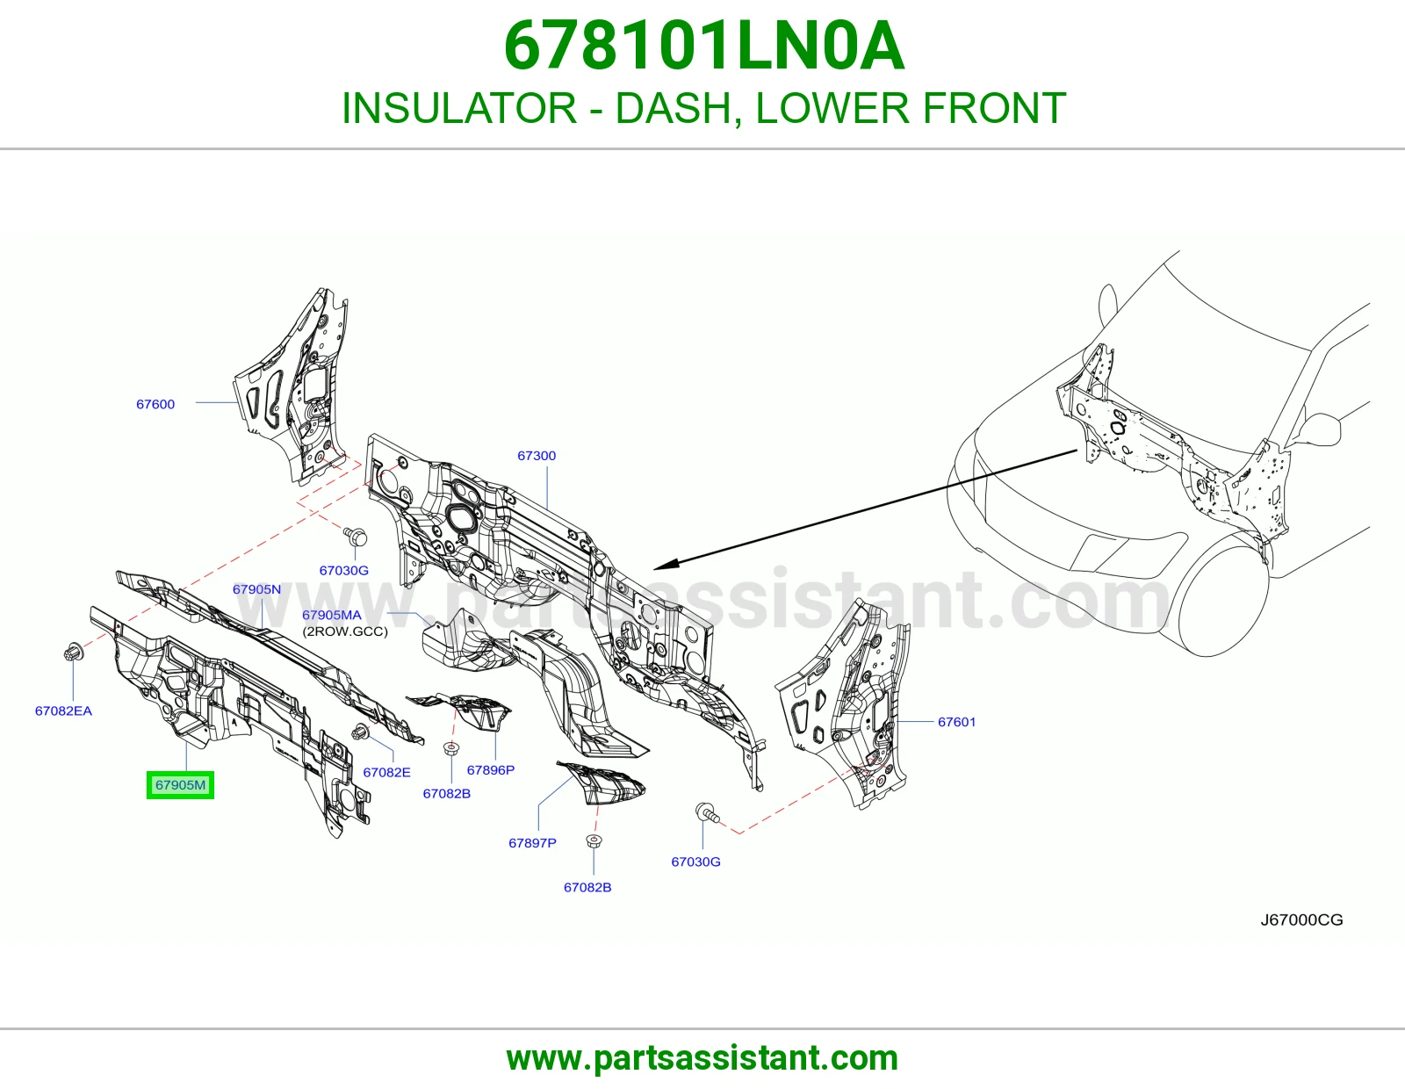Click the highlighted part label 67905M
(180, 785)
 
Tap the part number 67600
(155, 404)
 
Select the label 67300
(537, 455)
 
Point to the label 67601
(956, 722)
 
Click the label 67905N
(256, 589)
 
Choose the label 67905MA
(332, 615)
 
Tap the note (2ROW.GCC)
(345, 631)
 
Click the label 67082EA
(63, 710)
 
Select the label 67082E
(386, 772)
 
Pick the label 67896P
(491, 769)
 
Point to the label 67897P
(532, 842)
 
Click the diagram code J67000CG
(1301, 920)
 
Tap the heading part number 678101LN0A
(704, 46)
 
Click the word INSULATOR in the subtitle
(458, 108)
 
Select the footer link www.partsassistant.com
(702, 1058)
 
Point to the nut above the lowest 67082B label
(591, 840)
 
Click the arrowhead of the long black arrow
(665, 565)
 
